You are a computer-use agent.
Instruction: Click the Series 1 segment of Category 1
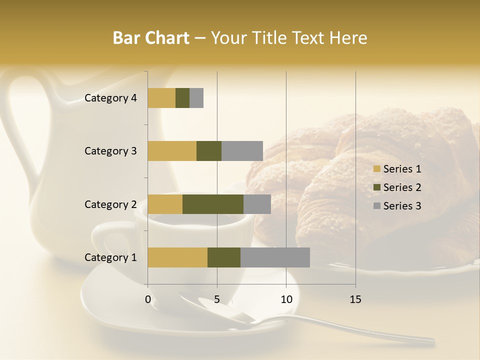pyautogui.click(x=177, y=257)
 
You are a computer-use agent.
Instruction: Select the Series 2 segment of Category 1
pyautogui.click(x=224, y=257)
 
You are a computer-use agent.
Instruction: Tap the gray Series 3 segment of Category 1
pyautogui.click(x=275, y=257)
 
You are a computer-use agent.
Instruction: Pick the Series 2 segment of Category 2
pyautogui.click(x=213, y=204)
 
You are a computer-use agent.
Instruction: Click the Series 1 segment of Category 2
pyautogui.click(x=165, y=204)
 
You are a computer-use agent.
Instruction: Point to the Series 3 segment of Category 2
pyautogui.click(x=257, y=204)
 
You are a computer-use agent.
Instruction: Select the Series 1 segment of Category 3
pyautogui.click(x=172, y=151)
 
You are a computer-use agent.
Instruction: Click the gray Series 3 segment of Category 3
pyautogui.click(x=242, y=151)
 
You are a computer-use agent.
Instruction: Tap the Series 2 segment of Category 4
pyautogui.click(x=182, y=98)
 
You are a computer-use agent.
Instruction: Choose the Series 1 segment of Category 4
pyautogui.click(x=161, y=98)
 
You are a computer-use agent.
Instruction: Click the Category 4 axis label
pyautogui.click(x=110, y=98)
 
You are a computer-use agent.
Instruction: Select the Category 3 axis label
pyautogui.click(x=110, y=151)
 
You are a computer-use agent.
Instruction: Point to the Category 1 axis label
pyautogui.click(x=110, y=257)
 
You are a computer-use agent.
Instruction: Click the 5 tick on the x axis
pyautogui.click(x=217, y=299)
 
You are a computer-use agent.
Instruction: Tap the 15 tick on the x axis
pyautogui.click(x=355, y=299)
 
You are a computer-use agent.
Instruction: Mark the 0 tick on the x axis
pyautogui.click(x=148, y=299)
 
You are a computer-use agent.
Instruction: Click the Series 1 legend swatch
pyautogui.click(x=376, y=169)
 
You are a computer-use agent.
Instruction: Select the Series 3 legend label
pyautogui.click(x=402, y=206)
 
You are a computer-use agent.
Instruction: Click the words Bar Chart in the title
pyautogui.click(x=151, y=37)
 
